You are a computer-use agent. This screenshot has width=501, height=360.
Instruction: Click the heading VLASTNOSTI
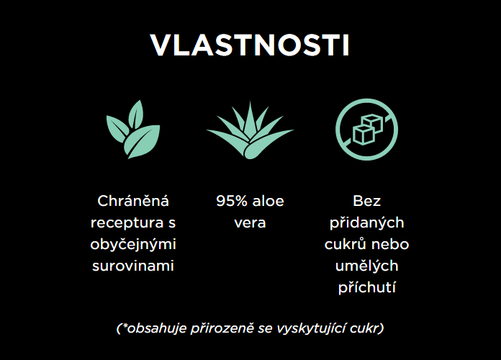pyautogui.click(x=250, y=45)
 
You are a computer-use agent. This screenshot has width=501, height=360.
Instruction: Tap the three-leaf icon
pyautogui.click(x=133, y=130)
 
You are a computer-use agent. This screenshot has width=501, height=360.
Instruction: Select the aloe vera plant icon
pyautogui.click(x=250, y=130)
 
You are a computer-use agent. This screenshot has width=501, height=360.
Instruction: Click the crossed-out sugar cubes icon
pyautogui.click(x=367, y=130)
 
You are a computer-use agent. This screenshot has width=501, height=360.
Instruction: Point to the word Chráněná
pyautogui.click(x=133, y=201)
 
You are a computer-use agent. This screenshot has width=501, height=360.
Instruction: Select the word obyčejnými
pyautogui.click(x=133, y=244)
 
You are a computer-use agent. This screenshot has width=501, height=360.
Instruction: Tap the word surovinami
pyautogui.click(x=133, y=266)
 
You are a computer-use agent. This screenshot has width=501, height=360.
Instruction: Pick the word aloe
pyautogui.click(x=268, y=201)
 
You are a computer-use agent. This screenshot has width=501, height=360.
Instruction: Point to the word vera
pyautogui.click(x=250, y=223)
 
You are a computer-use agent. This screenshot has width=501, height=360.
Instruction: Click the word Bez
pyautogui.click(x=367, y=201)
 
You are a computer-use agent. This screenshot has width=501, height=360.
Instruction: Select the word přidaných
pyautogui.click(x=367, y=223)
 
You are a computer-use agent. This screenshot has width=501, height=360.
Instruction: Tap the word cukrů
pyautogui.click(x=344, y=244)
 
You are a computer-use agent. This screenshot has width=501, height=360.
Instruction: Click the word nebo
pyautogui.click(x=390, y=244)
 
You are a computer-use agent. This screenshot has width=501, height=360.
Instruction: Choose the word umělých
pyautogui.click(x=367, y=266)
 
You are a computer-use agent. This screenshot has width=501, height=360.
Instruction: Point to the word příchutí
pyautogui.click(x=367, y=287)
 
